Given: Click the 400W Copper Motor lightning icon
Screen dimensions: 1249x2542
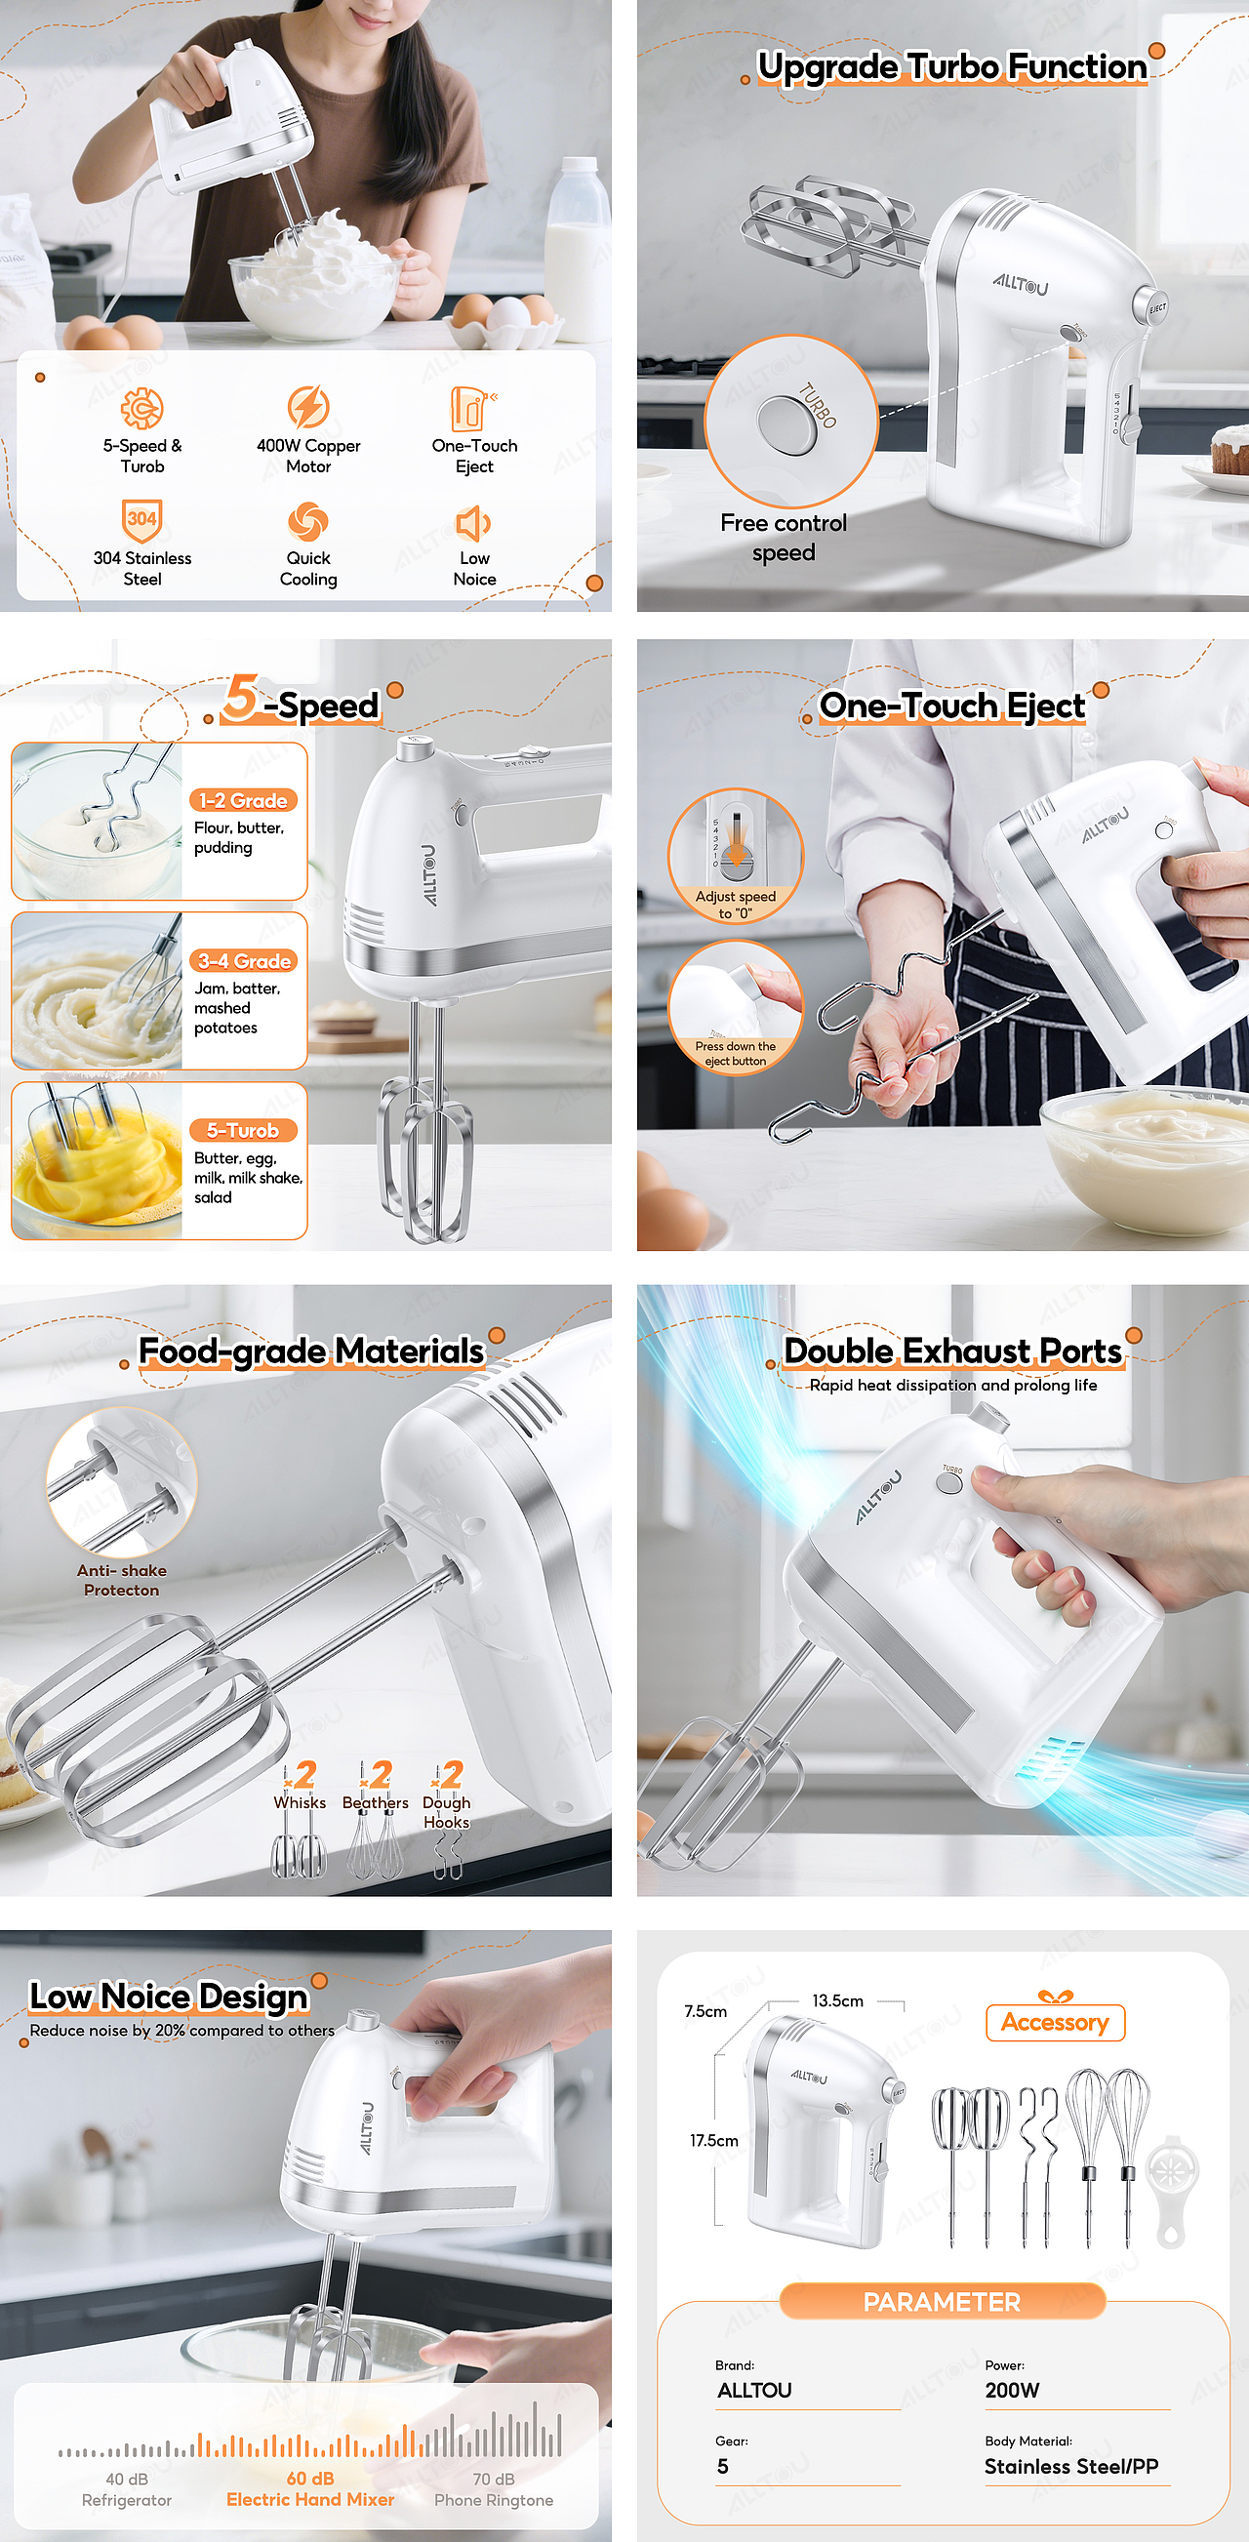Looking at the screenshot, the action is coord(307,407).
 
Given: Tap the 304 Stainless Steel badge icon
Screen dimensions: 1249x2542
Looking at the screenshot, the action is coord(142,520).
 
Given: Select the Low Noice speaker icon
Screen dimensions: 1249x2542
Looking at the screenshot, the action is coord(472,523).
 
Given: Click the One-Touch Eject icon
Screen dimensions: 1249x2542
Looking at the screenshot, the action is coord(473,408).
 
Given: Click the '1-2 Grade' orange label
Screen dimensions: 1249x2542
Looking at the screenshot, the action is coord(244,800).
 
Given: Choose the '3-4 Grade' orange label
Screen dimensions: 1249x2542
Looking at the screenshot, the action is coord(244,961).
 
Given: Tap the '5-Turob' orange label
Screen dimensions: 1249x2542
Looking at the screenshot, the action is coord(244,1131).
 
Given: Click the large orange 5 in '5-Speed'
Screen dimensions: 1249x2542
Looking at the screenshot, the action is coord(241,698).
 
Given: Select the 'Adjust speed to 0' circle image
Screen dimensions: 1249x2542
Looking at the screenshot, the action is coord(736,856).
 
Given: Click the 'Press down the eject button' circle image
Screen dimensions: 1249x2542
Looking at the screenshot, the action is coord(736,1007).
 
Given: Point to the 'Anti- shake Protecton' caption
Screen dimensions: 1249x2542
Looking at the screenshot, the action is coord(121,1580).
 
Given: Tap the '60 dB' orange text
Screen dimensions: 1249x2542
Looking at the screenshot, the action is coord(309,2478).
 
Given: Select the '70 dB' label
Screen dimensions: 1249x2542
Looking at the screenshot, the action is coord(494,2479).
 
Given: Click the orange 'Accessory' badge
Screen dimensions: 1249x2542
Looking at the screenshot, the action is coord(1056,2022).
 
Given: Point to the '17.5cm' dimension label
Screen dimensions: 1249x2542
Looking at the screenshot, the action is coord(714,2140).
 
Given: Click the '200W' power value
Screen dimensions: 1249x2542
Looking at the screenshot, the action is coord(1012,2390).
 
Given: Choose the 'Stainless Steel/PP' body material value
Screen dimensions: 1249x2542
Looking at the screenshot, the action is coord(1071,2466).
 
